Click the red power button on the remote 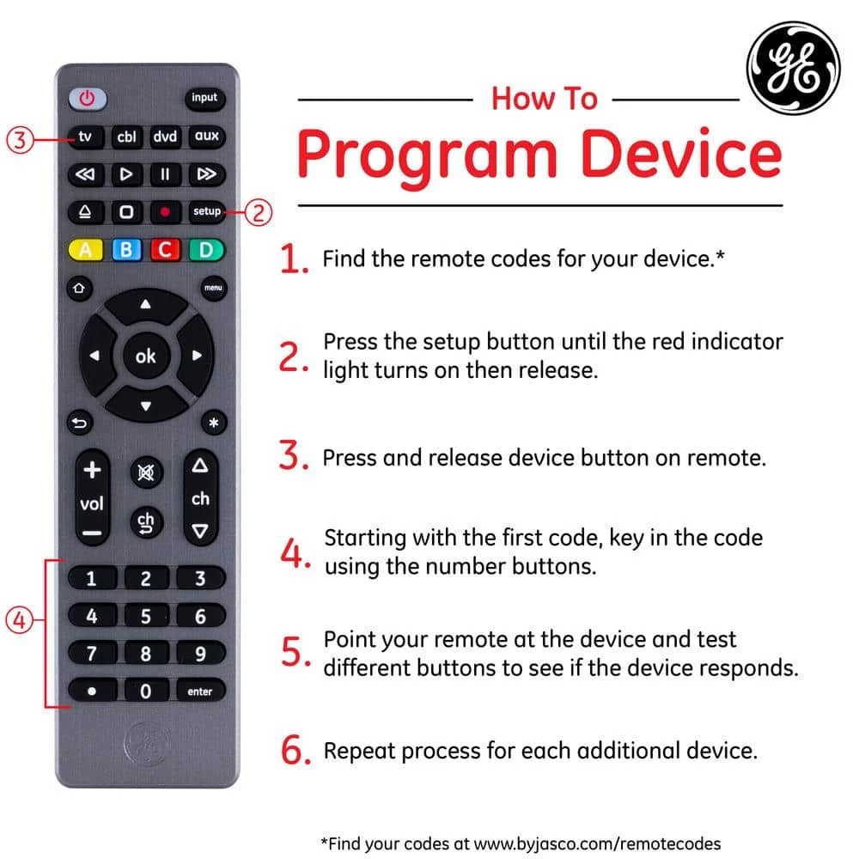[87, 98]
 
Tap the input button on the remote [204, 98]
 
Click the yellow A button [85, 250]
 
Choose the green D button [205, 250]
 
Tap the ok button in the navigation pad [145, 355]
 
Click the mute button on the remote [146, 472]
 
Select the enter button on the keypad [200, 691]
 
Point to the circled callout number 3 [21, 139]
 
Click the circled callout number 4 [20, 618]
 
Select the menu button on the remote [213, 288]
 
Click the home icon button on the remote [78, 288]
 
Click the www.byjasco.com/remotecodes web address [598, 844]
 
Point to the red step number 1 [295, 260]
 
